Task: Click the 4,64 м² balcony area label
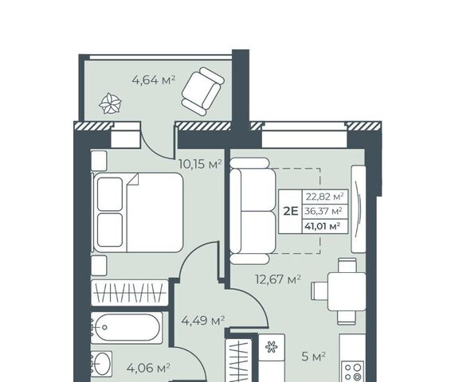[x=154, y=80]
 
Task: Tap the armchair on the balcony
[x=203, y=91]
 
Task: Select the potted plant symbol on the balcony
[x=110, y=103]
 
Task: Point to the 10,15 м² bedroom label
[x=200, y=164]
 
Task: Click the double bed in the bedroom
[x=138, y=212]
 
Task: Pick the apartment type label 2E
[x=291, y=211]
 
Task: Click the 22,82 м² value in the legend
[x=324, y=197]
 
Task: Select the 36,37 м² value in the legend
[x=323, y=211]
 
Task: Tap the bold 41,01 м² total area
[x=323, y=225]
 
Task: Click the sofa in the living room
[x=253, y=211]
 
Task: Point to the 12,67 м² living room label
[x=278, y=279]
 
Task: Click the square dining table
[x=347, y=292]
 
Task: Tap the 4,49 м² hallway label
[x=203, y=321]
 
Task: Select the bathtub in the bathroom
[x=127, y=328]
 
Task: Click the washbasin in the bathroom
[x=101, y=364]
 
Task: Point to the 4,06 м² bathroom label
[x=148, y=368]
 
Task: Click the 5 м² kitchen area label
[x=313, y=357]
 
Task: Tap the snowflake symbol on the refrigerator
[x=272, y=347]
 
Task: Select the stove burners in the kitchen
[x=353, y=372]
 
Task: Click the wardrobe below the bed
[x=130, y=293]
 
